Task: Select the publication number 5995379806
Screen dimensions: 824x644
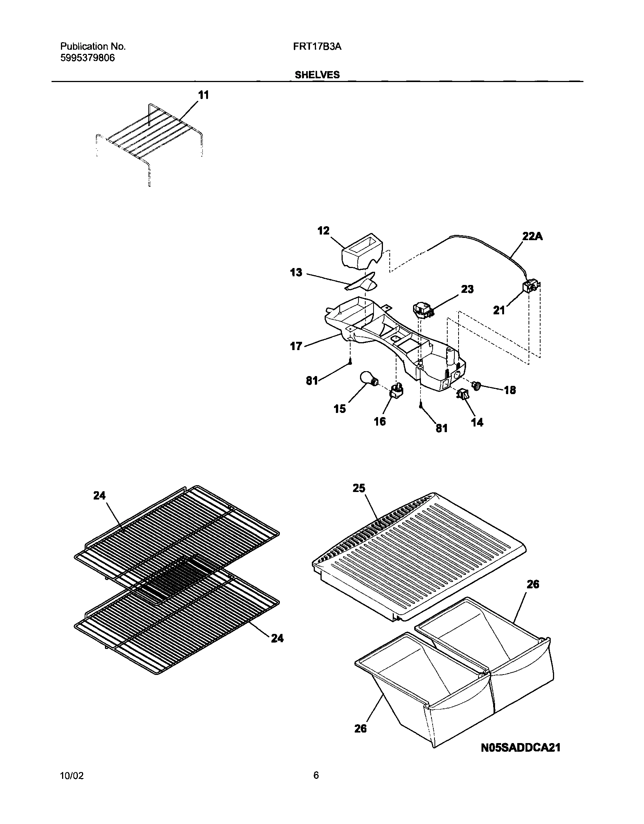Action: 88,58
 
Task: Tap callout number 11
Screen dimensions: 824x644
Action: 204,96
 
